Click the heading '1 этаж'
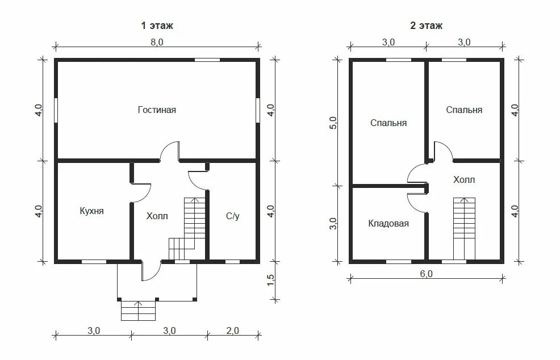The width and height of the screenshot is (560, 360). click(x=157, y=26)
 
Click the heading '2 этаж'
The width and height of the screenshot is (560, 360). click(x=426, y=26)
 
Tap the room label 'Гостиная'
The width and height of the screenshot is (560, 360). click(x=157, y=110)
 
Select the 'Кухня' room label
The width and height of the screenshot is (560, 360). click(x=92, y=211)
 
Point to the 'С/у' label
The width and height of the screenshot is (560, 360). click(x=232, y=216)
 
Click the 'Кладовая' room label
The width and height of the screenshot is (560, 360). click(x=388, y=224)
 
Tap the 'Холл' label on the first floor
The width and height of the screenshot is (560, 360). click(x=157, y=216)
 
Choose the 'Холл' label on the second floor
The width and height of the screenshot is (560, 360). click(x=464, y=179)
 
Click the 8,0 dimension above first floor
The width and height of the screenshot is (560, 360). click(x=157, y=42)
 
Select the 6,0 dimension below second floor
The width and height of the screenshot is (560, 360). click(x=426, y=274)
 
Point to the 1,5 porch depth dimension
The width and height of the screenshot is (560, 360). click(x=270, y=279)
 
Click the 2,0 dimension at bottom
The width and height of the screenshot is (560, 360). click(x=232, y=330)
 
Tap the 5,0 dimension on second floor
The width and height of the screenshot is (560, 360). click(x=333, y=123)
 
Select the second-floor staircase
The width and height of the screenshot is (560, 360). click(x=464, y=229)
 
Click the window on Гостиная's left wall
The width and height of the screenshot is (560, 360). click(x=56, y=110)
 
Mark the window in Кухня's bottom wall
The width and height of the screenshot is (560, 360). click(x=94, y=262)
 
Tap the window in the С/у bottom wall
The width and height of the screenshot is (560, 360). click(x=232, y=262)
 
